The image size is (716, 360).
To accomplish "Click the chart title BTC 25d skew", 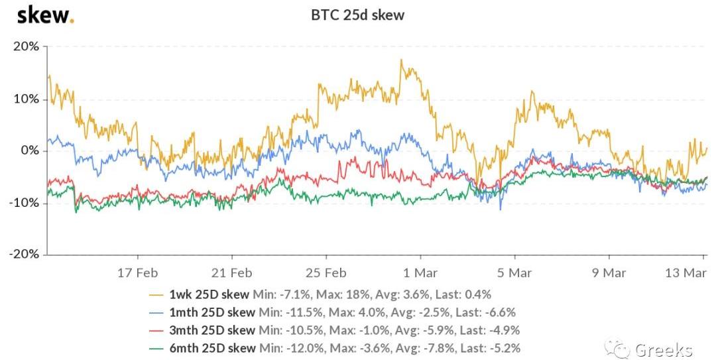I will tap(357, 15).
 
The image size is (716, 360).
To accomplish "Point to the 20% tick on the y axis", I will tap(27, 46).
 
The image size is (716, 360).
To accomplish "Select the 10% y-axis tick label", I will tap(27, 99).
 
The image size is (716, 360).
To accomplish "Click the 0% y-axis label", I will tap(30, 150).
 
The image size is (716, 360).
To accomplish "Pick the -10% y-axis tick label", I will tap(25, 203).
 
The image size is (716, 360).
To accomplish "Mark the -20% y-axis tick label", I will tap(25, 255).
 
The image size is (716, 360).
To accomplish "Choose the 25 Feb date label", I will tap(327, 272).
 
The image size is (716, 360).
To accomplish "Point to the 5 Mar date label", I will tap(515, 272).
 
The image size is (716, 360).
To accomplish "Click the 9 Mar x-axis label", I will tap(609, 272).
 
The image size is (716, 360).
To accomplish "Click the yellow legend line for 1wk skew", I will tap(156, 294).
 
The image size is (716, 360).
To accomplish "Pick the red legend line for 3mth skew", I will tap(156, 330).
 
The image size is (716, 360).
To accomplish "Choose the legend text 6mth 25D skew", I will tap(211, 348).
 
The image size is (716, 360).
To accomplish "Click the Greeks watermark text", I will tap(663, 349).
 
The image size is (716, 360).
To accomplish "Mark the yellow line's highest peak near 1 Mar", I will tap(401, 60).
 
